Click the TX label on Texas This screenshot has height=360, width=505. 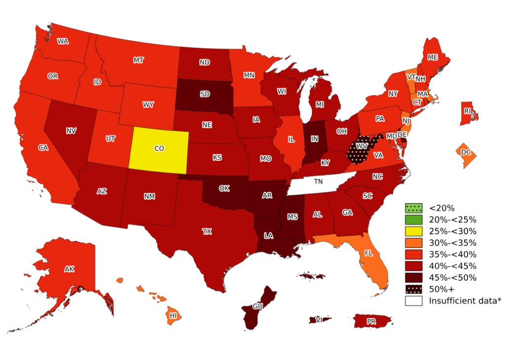click(207, 231)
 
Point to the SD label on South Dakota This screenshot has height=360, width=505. click(204, 94)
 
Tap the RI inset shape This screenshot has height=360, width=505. click(468, 111)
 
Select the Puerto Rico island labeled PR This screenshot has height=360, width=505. click(372, 322)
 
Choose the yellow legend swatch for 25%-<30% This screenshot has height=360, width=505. click(413, 231)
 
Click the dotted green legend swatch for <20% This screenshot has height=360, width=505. click(413, 208)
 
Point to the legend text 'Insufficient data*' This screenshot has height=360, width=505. click(465, 300)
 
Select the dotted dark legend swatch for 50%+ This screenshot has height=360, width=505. click(413, 289)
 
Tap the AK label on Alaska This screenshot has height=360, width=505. click(69, 269)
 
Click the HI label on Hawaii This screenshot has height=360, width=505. click(174, 316)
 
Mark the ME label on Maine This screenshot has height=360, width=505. click(433, 57)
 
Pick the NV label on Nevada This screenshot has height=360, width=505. click(71, 131)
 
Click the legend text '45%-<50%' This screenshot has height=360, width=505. click(452, 278)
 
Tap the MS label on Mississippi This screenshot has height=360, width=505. click(293, 217)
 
